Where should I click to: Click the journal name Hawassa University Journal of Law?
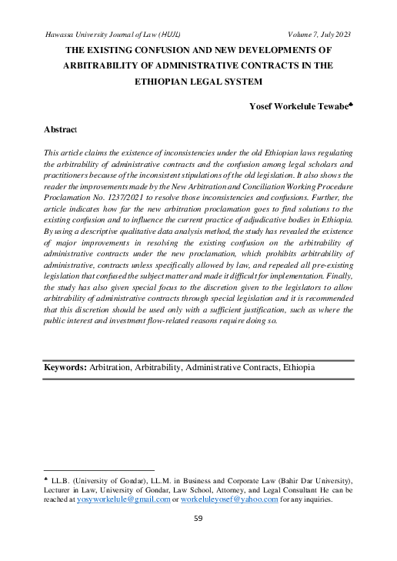104,34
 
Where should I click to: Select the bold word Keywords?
65,369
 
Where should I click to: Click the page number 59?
198,519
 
